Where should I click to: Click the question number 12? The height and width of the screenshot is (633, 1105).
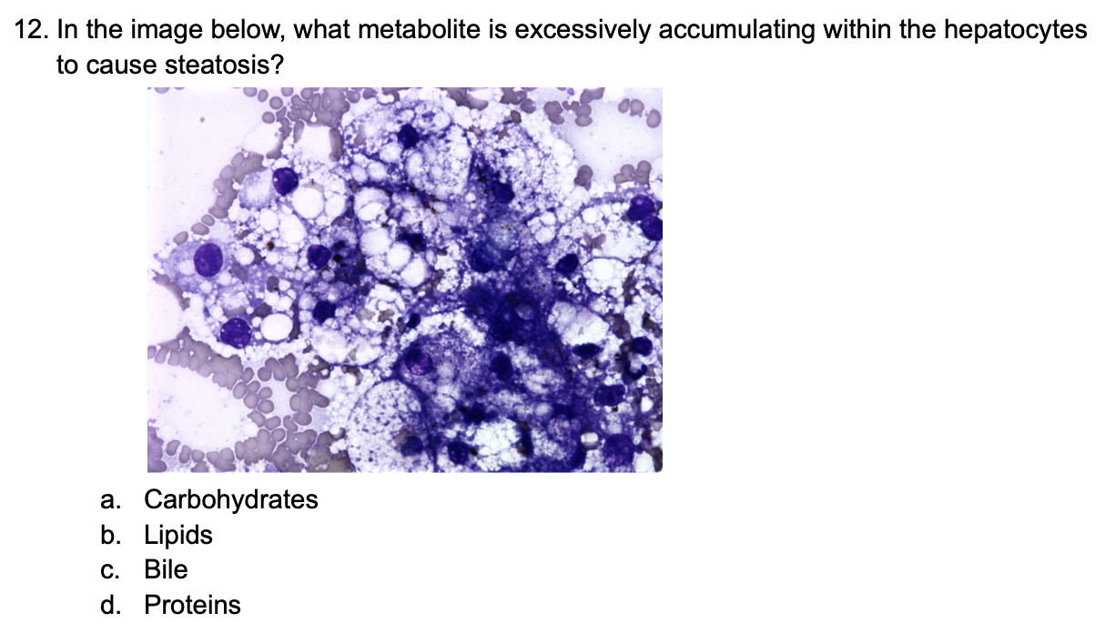32,30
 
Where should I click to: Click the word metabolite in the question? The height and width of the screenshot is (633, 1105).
419,30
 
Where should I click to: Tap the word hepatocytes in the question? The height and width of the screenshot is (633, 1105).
1015,31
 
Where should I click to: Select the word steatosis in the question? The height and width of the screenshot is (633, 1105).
218,65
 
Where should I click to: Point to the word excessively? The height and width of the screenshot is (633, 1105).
583,31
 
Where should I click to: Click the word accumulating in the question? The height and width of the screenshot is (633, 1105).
736,31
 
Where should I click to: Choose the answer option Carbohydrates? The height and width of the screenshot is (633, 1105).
231,500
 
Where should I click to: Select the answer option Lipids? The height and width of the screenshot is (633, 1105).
178,536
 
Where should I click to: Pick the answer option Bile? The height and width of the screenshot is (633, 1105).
166,570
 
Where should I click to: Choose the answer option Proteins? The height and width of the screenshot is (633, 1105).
192,606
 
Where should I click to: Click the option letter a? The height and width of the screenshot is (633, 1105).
110,501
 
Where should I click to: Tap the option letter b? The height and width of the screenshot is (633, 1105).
110,536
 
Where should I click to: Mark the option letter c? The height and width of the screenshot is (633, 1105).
109,571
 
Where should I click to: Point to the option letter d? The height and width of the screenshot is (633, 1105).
110,606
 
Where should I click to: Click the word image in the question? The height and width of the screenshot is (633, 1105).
167,31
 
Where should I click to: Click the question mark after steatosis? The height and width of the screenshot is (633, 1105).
278,65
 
